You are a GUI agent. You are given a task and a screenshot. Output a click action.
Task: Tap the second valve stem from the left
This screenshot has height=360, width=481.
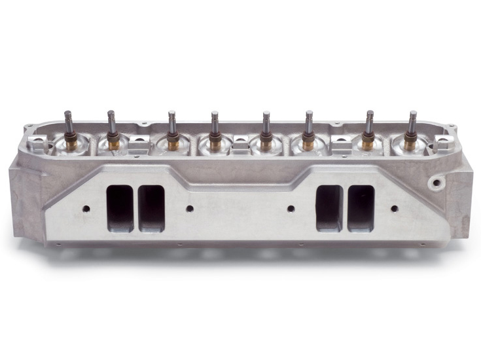[111, 124]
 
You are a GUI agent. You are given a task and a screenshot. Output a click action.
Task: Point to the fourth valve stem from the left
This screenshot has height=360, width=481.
[215, 124]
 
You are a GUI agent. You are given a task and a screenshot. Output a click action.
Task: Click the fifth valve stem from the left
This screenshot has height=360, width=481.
[266, 124]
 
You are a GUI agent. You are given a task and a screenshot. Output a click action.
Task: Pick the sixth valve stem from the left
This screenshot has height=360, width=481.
[309, 124]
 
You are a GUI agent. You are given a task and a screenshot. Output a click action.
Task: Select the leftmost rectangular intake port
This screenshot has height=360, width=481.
[120, 207]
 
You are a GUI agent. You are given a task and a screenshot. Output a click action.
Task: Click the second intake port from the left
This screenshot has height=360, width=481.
[152, 208]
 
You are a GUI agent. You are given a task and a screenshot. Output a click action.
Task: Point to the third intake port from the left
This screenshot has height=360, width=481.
[329, 208]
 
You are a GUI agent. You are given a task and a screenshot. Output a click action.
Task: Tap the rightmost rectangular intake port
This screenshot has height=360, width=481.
[361, 208]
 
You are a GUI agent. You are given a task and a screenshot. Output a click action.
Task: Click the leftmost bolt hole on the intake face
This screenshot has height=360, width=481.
[86, 209]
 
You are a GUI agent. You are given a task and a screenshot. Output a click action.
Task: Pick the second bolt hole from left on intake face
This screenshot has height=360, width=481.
[190, 209]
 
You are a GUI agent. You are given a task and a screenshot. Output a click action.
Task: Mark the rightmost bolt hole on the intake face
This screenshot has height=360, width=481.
[394, 209]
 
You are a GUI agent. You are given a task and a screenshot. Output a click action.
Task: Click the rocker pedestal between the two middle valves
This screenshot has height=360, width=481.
[240, 148]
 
